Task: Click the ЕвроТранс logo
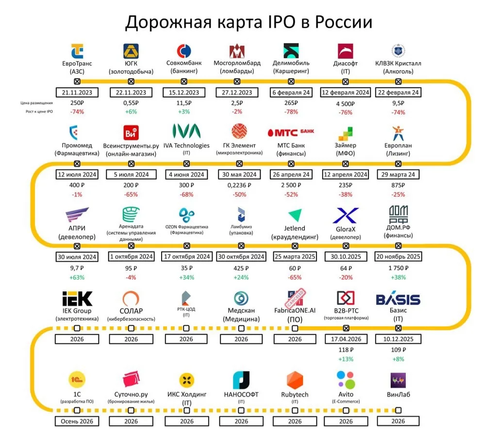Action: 77,51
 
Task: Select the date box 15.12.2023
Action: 184,92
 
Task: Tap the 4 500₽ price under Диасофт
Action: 346,104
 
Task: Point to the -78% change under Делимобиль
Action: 291,112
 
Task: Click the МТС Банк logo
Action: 291,132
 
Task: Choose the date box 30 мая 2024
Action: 239,174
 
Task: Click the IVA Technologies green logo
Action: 186,131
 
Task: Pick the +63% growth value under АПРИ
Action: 77,278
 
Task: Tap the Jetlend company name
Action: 295,228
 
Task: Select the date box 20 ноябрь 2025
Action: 398,256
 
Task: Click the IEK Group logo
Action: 77,299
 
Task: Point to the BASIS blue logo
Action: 398,299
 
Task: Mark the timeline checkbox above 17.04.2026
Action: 346,328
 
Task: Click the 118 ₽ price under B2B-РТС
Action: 346,350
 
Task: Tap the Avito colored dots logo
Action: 346,380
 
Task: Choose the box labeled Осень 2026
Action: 77,421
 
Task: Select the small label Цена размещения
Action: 36,103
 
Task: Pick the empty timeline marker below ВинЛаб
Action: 398,410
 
